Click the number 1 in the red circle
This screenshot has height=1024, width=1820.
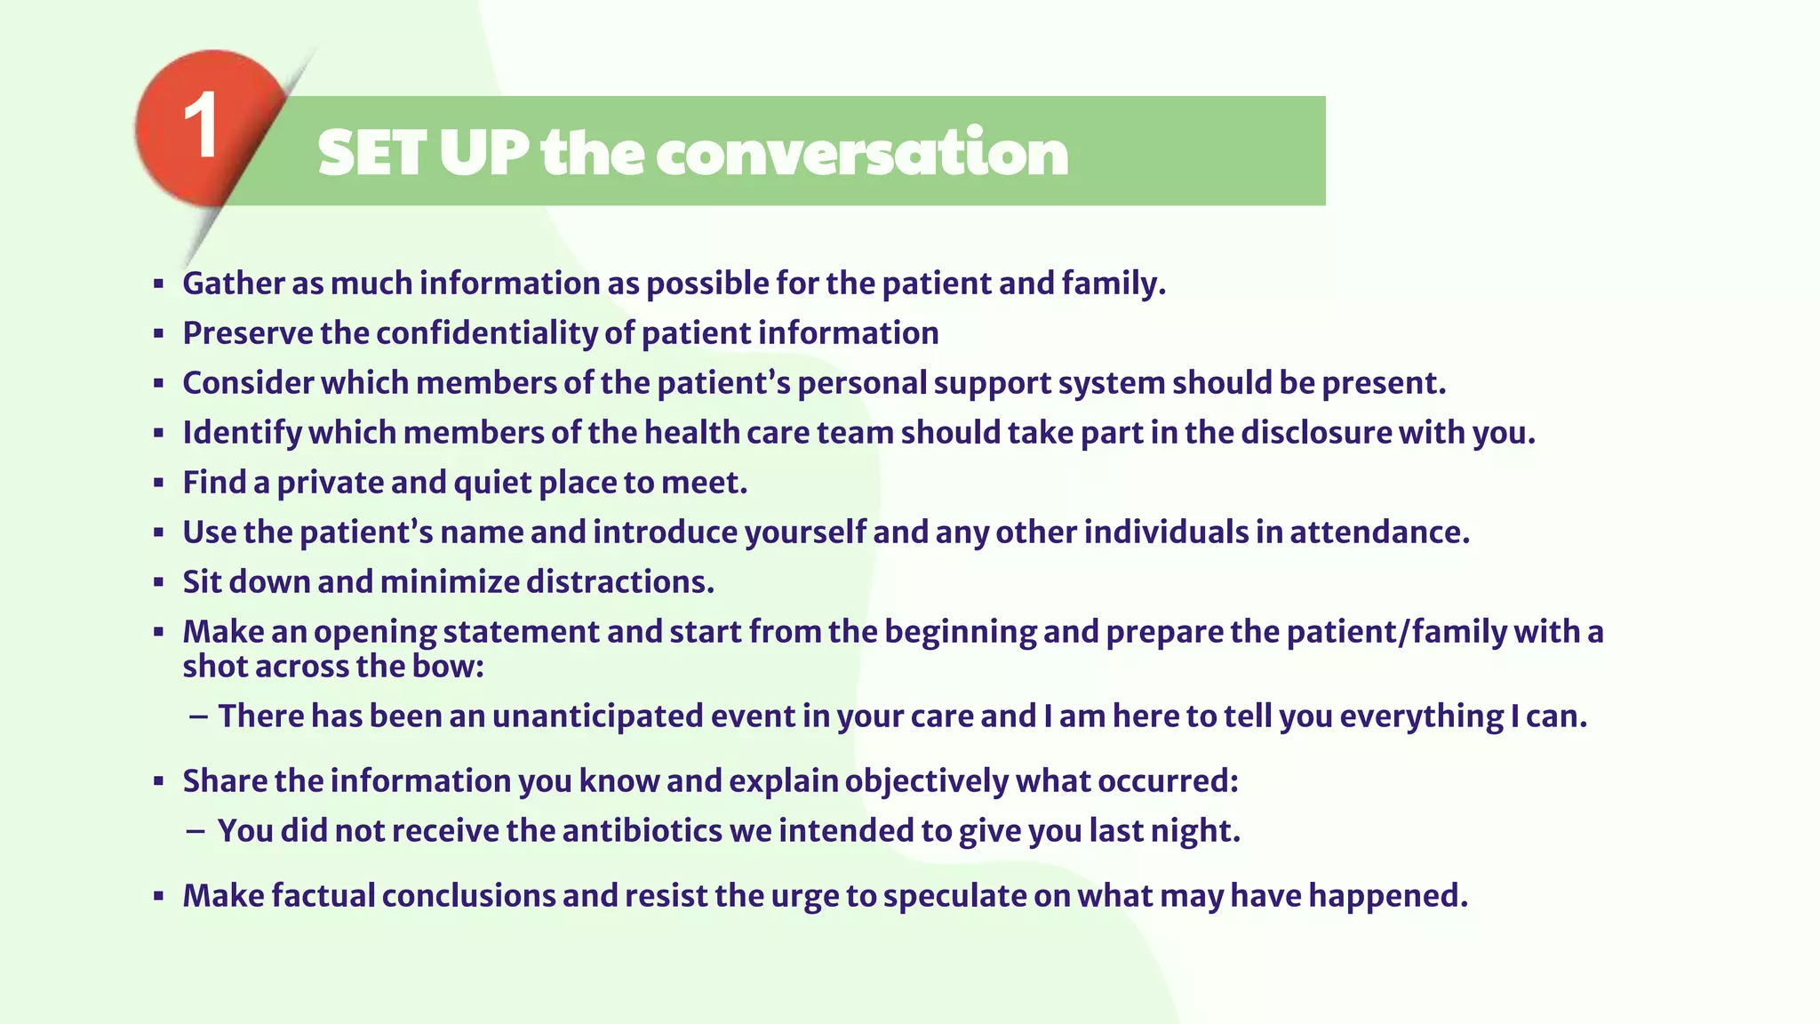click(x=201, y=127)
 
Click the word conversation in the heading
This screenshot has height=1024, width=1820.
click(x=862, y=153)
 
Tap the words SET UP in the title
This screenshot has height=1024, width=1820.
click(x=423, y=153)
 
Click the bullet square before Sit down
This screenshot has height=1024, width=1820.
click(x=158, y=583)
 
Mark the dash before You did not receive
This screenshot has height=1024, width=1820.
click(x=196, y=831)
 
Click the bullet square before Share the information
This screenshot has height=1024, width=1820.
click(x=158, y=782)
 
